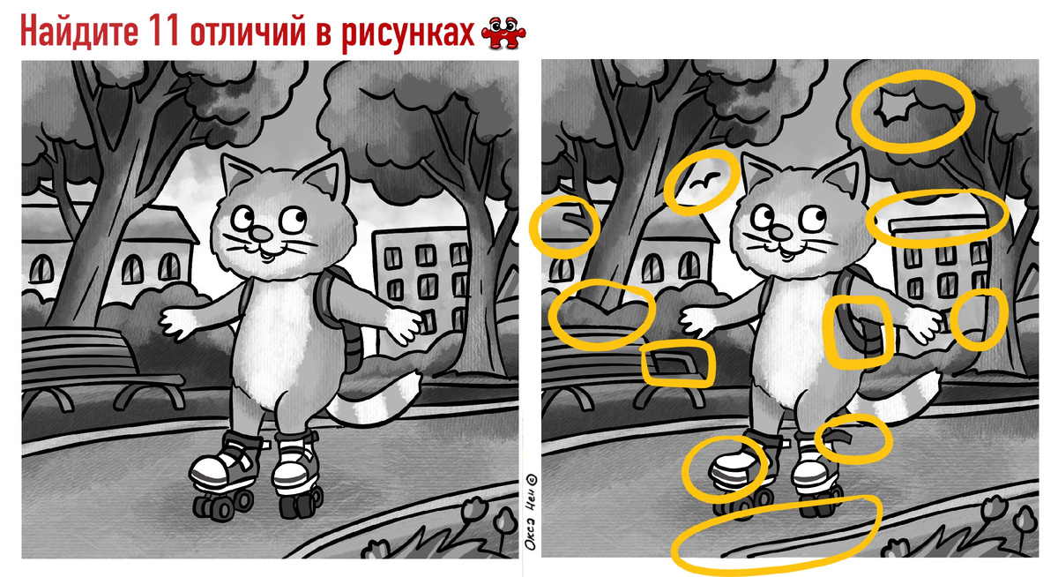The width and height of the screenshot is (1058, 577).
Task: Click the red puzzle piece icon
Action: (x=503, y=33)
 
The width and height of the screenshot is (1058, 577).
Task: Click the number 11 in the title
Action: (x=163, y=32)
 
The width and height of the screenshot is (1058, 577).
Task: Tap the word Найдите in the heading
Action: (x=78, y=32)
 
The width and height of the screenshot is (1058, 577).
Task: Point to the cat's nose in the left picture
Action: (x=260, y=234)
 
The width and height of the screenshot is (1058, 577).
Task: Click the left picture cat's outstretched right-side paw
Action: (x=403, y=325)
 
